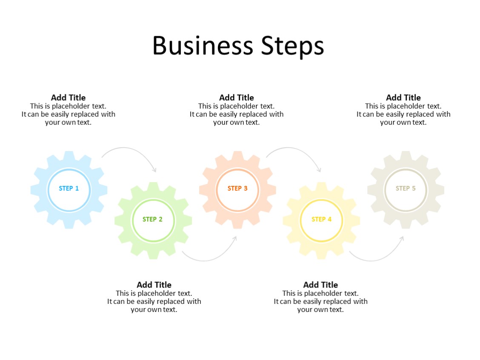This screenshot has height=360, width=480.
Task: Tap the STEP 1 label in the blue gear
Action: [69, 188]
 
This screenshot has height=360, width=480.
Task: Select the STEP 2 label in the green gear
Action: [152, 219]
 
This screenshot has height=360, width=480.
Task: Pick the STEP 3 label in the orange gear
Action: [237, 188]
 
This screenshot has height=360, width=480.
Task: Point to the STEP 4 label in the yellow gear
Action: [321, 219]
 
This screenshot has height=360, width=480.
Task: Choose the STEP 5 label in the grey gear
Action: [406, 188]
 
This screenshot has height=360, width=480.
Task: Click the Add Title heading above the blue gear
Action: [68, 97]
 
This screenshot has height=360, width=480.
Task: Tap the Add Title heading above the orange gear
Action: [237, 97]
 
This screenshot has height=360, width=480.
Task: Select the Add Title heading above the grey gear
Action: [403, 97]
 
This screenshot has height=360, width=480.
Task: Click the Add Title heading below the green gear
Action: [154, 285]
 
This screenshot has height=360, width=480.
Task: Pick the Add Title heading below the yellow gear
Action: [320, 285]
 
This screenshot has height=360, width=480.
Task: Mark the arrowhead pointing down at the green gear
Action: [154, 170]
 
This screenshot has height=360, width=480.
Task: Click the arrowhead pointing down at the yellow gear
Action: [319, 170]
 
